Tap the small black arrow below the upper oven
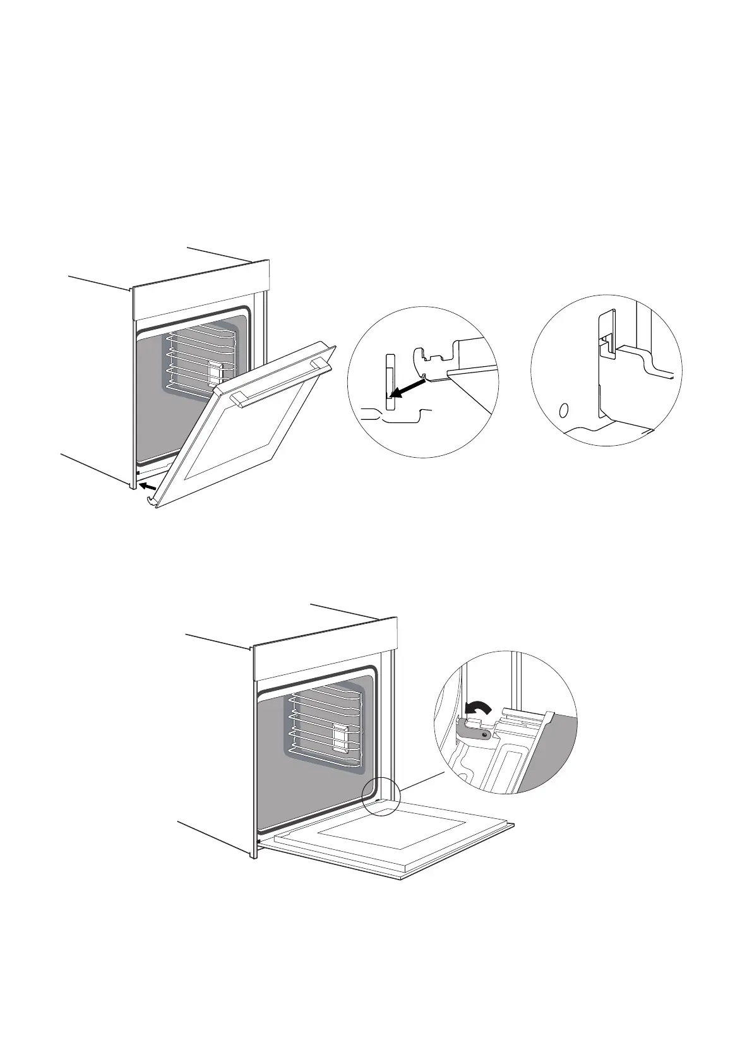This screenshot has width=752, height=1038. click(146, 486)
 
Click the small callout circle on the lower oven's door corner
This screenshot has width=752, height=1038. click(381, 796)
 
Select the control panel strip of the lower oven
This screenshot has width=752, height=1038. click(325, 648)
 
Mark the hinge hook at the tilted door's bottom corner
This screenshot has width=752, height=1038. click(150, 501)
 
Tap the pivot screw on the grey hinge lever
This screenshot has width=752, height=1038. click(484, 734)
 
